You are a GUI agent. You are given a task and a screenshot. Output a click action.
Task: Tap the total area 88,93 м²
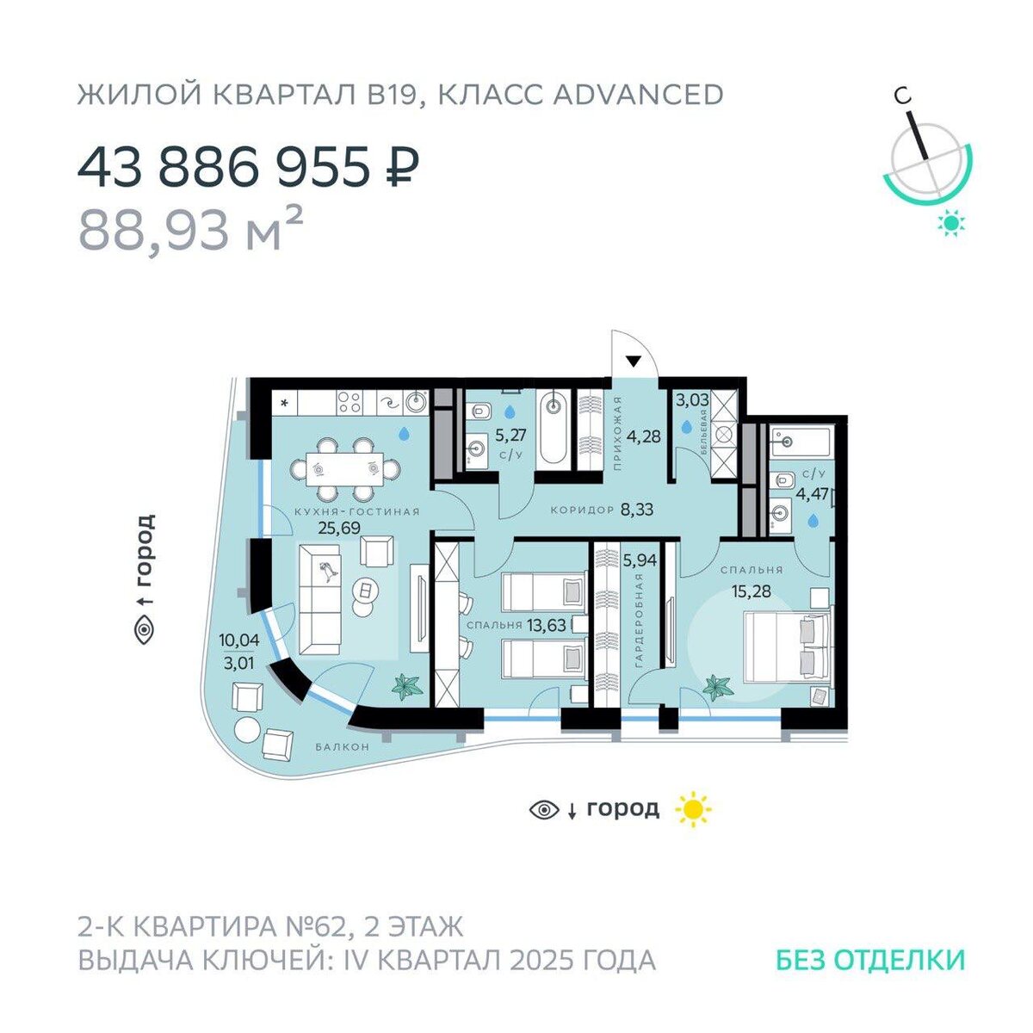[x=191, y=230]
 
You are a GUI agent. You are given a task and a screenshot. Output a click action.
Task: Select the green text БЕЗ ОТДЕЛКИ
[x=870, y=960]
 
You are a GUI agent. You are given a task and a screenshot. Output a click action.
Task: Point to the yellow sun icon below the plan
[x=694, y=809]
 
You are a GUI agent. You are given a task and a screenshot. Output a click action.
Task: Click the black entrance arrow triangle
[x=634, y=362]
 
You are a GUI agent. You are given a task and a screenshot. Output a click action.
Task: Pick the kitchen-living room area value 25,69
[x=339, y=529]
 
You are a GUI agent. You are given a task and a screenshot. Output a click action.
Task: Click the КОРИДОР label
[x=582, y=510]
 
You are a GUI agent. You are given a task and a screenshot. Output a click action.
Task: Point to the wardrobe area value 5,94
[x=640, y=560]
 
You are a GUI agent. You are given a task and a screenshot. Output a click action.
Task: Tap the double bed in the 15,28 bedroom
[x=789, y=647]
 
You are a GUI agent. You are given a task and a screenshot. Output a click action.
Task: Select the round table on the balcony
[x=248, y=730]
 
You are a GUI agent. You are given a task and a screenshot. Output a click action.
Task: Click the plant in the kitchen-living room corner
[x=407, y=687]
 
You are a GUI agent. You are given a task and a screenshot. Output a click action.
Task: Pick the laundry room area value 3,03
[x=693, y=400]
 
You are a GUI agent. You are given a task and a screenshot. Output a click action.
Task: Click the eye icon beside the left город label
[x=145, y=630]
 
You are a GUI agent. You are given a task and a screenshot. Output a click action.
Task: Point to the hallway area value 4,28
[x=644, y=436]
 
